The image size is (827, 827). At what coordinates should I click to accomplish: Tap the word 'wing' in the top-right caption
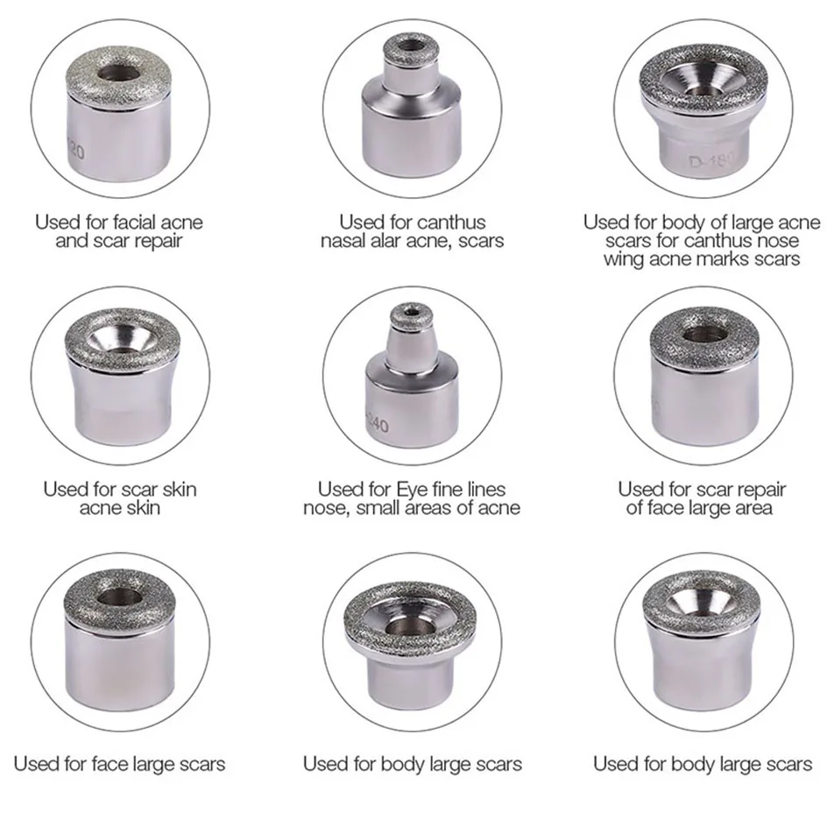(624, 258)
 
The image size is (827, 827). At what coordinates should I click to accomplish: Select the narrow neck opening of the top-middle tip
(410, 44)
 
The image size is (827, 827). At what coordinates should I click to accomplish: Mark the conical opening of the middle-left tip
(122, 336)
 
